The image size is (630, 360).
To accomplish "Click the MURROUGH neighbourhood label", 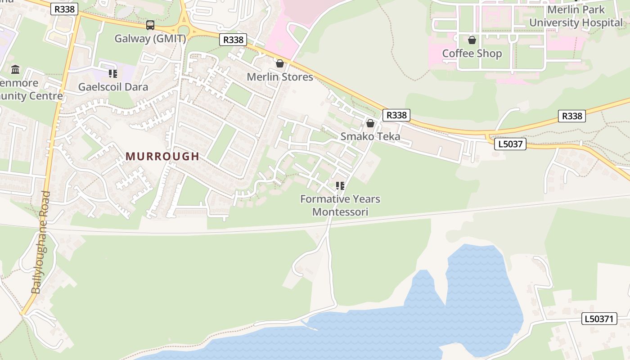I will tap(162, 157).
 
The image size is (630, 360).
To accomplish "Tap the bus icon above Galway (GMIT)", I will tap(150, 25).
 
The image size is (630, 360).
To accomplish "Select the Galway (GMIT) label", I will tap(150, 39).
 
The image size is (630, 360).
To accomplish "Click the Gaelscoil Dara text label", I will tap(113, 87).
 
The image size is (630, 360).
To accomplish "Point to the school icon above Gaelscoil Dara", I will tap(113, 73).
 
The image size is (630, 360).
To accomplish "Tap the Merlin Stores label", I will tap(279, 77).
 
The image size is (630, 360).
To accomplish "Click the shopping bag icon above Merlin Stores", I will tap(280, 63).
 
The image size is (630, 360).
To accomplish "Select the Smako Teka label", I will tap(370, 136).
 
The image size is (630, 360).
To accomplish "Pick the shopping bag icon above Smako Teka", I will tap(370, 123).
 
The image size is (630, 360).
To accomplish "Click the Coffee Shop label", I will tap(472, 54).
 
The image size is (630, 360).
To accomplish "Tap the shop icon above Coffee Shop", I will tap(472, 40).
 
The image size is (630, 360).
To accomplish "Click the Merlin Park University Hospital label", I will tap(576, 16).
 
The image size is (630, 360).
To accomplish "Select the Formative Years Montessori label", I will tap(340, 205).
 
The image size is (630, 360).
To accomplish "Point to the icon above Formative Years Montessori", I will tap(340, 185).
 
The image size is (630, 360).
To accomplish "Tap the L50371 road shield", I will tap(598, 319).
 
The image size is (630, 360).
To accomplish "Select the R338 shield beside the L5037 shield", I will tap(572, 116).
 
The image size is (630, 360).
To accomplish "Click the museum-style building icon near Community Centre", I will tap(15, 69).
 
